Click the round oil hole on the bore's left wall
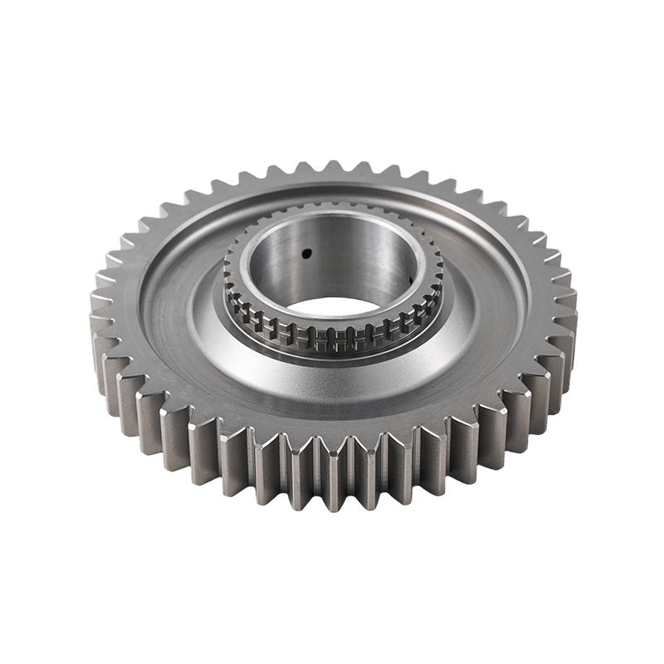305,251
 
